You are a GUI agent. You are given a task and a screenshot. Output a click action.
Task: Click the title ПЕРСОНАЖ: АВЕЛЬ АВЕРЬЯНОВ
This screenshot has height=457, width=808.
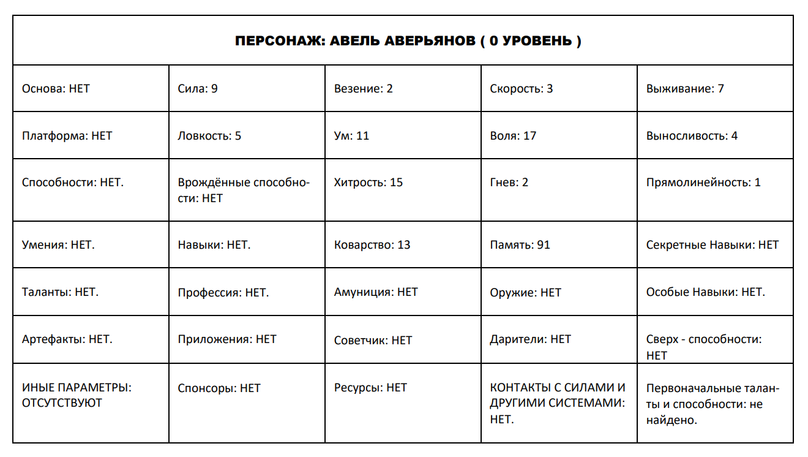click(x=408, y=41)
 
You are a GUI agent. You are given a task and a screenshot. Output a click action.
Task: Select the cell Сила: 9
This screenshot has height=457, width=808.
click(x=198, y=89)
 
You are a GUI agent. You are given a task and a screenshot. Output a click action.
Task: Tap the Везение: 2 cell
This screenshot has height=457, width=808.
click(x=363, y=89)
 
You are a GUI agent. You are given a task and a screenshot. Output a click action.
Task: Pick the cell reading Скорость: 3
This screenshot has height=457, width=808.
click(x=521, y=89)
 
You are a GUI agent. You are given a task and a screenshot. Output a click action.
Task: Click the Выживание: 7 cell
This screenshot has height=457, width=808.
click(x=685, y=89)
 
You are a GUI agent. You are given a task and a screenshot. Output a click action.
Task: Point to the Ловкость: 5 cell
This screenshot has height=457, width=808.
click(x=209, y=136)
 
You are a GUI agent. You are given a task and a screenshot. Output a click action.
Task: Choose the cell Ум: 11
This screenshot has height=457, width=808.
click(x=351, y=136)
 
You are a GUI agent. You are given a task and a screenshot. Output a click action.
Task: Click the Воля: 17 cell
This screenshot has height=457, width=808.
click(x=513, y=136)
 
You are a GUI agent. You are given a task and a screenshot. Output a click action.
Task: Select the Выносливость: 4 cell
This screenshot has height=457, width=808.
click(x=692, y=136)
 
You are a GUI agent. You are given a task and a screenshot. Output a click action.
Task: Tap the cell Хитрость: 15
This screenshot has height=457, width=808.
click(x=368, y=183)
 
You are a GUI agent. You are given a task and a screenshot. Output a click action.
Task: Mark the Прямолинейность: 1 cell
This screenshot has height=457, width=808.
click(x=703, y=183)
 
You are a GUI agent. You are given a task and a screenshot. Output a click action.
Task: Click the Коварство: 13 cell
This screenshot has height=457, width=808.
click(x=372, y=245)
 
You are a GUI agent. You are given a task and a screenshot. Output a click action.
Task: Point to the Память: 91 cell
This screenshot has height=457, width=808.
click(x=520, y=245)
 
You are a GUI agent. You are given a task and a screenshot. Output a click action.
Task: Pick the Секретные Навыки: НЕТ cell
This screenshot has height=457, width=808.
click(x=713, y=245)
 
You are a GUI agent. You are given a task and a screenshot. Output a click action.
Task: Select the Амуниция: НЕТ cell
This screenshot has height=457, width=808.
click(x=376, y=292)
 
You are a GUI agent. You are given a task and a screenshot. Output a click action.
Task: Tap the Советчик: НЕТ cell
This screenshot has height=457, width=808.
click(x=373, y=340)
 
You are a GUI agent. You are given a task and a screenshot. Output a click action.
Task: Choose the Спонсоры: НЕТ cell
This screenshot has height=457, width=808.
click(x=219, y=388)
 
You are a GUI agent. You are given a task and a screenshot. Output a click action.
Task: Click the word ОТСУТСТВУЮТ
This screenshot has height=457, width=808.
click(x=62, y=403)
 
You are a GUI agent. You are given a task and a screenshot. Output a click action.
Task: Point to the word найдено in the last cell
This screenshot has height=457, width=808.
click(x=671, y=420)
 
